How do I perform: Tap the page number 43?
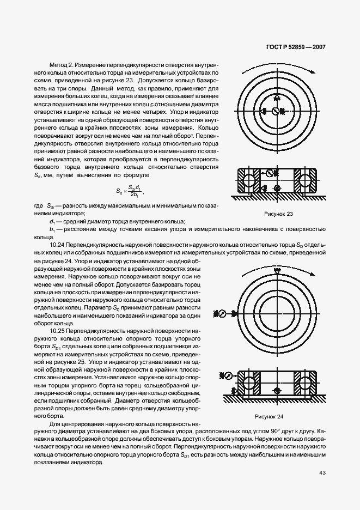322,472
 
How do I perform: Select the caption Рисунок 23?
278,214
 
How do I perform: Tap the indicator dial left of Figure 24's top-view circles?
222,313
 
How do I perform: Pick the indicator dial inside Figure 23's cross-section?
270,174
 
